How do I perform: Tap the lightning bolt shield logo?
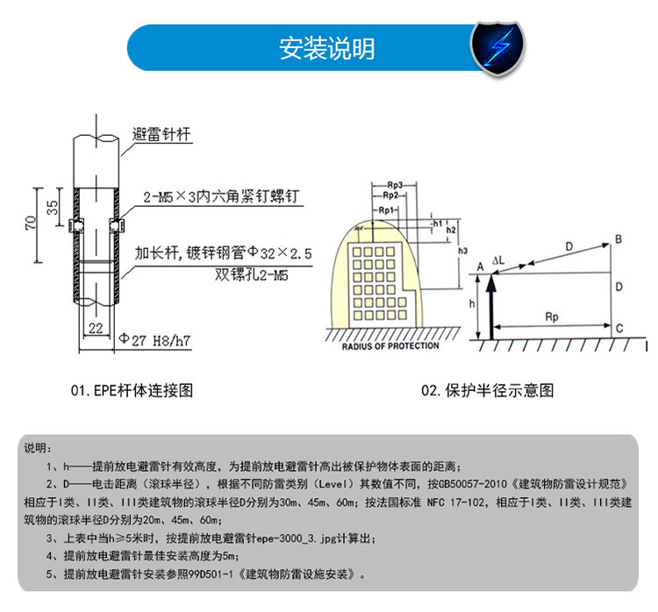point(497,47)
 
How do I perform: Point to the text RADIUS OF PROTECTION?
point(390,345)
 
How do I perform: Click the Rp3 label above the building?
point(394,186)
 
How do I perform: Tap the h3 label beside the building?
point(462,250)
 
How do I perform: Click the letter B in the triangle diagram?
point(619,238)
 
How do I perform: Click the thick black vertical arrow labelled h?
point(491,307)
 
